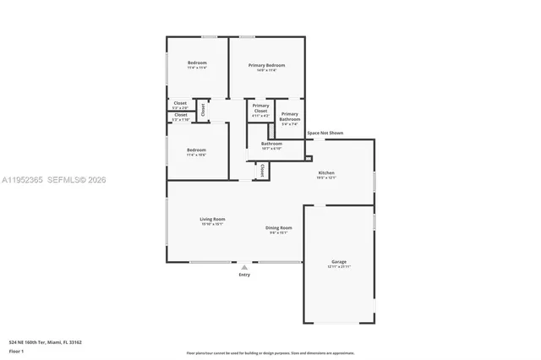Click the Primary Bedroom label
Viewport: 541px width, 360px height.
tap(266, 66)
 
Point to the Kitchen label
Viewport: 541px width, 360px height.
tap(326, 172)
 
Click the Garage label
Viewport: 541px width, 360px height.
tap(339, 262)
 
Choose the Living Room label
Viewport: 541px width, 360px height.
tap(212, 220)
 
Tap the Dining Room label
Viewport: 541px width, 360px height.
tap(279, 227)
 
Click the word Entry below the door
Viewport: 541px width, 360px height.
tap(244, 275)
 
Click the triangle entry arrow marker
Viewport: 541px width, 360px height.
tap(244, 267)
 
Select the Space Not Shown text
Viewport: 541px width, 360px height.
tap(325, 133)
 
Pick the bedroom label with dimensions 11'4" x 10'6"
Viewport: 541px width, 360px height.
tap(196, 150)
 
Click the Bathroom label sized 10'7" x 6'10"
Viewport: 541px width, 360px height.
tap(271, 144)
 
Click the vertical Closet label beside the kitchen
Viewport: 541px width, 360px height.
tap(262, 170)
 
